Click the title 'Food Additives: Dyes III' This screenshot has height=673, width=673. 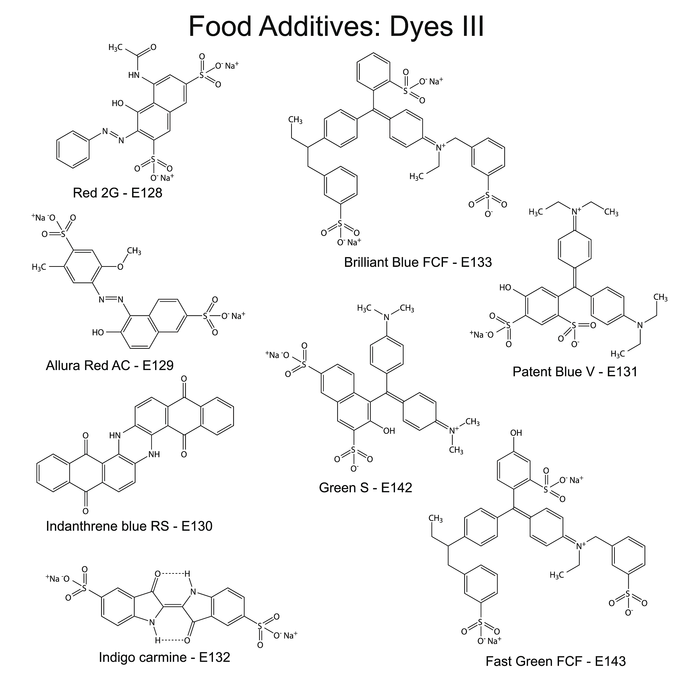336,26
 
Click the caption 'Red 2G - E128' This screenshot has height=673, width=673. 117,193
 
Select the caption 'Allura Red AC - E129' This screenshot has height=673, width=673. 109,365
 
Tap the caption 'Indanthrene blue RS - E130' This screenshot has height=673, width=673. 129,526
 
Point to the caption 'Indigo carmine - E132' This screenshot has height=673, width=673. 164,657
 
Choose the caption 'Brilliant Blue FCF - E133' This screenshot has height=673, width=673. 418,262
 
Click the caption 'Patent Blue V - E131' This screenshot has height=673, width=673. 575,372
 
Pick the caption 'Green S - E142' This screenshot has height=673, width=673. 365,488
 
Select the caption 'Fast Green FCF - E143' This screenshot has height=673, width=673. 556,661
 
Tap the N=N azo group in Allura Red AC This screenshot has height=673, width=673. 111,299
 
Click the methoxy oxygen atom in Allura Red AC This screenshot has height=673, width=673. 120,267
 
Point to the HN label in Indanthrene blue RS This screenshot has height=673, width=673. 115,435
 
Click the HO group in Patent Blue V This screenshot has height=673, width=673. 505,288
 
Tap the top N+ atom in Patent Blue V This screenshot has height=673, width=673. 575,210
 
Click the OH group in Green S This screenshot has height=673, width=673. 389,431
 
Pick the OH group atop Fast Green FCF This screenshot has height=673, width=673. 516,433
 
